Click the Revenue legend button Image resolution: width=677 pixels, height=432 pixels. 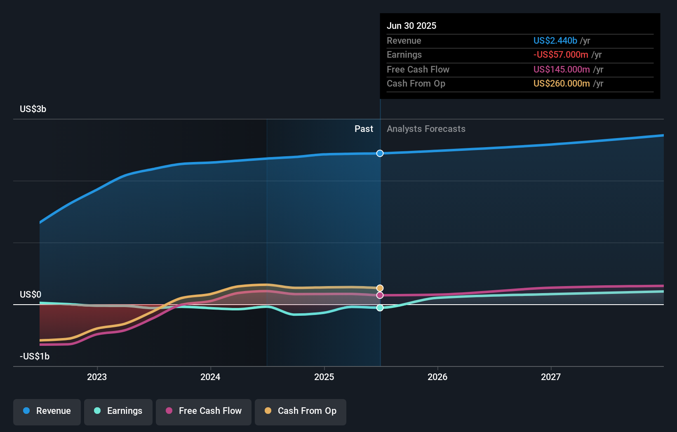tap(47, 411)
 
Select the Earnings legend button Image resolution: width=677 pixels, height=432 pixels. tap(118, 411)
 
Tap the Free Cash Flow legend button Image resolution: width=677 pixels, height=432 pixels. tap(204, 411)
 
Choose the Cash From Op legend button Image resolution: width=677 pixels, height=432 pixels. tap(301, 411)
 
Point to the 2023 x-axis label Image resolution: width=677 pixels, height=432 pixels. tap(97, 377)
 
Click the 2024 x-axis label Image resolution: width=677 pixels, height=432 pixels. tap(210, 377)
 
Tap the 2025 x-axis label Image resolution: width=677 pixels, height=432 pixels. tap(324, 377)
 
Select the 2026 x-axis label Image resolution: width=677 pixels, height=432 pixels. tap(437, 377)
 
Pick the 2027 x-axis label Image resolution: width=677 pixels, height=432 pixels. tap(551, 377)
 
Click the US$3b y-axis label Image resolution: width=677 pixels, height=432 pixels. tap(33, 109)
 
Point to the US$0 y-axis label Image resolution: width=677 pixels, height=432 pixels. tap(31, 294)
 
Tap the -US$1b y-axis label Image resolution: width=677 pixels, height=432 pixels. tap(35, 356)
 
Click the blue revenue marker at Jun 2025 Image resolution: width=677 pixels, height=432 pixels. tap(380, 153)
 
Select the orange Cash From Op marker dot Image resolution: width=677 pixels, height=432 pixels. tap(380, 288)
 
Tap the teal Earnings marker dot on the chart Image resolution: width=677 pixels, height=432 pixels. tap(380, 308)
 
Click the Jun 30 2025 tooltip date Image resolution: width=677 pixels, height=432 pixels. tap(411, 26)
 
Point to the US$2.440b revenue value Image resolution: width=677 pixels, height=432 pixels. tap(555, 40)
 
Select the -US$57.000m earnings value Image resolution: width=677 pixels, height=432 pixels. tap(561, 55)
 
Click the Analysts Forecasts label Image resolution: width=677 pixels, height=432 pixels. tap(426, 129)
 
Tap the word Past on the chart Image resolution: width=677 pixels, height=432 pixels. tap(364, 129)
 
